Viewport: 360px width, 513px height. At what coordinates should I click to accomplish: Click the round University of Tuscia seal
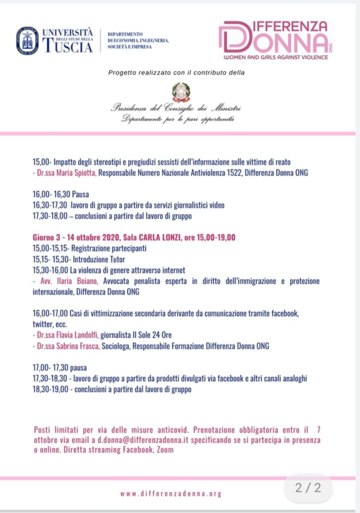point(27,41)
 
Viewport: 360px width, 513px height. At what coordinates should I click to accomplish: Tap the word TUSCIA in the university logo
point(68,47)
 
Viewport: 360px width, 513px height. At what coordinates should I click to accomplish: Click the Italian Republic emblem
point(181,92)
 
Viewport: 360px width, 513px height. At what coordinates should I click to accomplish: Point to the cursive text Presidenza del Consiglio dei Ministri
point(176,108)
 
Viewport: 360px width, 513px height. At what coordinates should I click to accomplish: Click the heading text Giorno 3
point(51,237)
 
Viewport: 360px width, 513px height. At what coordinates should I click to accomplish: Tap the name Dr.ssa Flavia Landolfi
point(67,335)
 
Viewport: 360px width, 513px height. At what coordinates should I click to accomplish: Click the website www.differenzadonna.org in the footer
point(170,493)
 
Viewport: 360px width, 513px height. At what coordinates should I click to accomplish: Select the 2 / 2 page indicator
point(307,487)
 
